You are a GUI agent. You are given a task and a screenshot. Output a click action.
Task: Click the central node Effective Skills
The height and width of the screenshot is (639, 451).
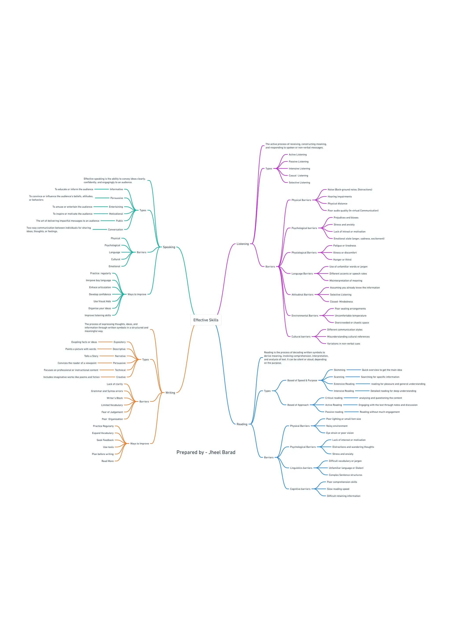(206, 320)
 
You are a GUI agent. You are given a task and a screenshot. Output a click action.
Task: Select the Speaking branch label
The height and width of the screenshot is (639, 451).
(169, 247)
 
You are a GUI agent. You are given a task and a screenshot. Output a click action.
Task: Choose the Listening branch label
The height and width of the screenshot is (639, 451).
(243, 244)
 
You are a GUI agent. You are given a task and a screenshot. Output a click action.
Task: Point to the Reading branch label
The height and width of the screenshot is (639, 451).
(242, 424)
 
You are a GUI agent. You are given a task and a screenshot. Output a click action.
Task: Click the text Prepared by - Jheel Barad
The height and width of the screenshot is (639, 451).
(206, 452)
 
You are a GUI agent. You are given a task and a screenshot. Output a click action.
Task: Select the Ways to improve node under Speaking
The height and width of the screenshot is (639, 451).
(137, 294)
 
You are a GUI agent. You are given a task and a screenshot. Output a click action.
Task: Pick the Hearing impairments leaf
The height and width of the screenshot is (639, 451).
(340, 197)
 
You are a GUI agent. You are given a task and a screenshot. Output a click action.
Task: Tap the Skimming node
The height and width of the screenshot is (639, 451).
(339, 370)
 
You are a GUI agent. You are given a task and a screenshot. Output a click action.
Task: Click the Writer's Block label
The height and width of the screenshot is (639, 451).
(115, 398)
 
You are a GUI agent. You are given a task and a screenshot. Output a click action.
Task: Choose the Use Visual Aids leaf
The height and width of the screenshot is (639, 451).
(102, 301)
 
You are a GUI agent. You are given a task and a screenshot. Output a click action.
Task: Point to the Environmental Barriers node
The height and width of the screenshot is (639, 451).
(305, 316)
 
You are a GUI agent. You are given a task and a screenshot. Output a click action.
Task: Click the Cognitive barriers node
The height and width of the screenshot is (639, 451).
(300, 489)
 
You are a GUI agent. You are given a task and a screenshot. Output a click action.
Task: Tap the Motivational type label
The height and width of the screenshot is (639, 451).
(116, 214)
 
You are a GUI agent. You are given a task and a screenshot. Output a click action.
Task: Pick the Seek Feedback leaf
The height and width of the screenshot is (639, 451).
(105, 440)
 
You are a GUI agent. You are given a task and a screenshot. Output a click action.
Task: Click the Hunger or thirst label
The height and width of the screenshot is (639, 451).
(342, 260)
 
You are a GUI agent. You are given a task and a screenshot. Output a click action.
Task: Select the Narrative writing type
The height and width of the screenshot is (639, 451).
(120, 356)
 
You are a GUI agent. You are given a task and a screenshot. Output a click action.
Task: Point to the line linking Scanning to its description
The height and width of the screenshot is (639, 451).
(352, 377)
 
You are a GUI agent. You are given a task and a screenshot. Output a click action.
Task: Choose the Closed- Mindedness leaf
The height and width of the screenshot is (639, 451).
(341, 302)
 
